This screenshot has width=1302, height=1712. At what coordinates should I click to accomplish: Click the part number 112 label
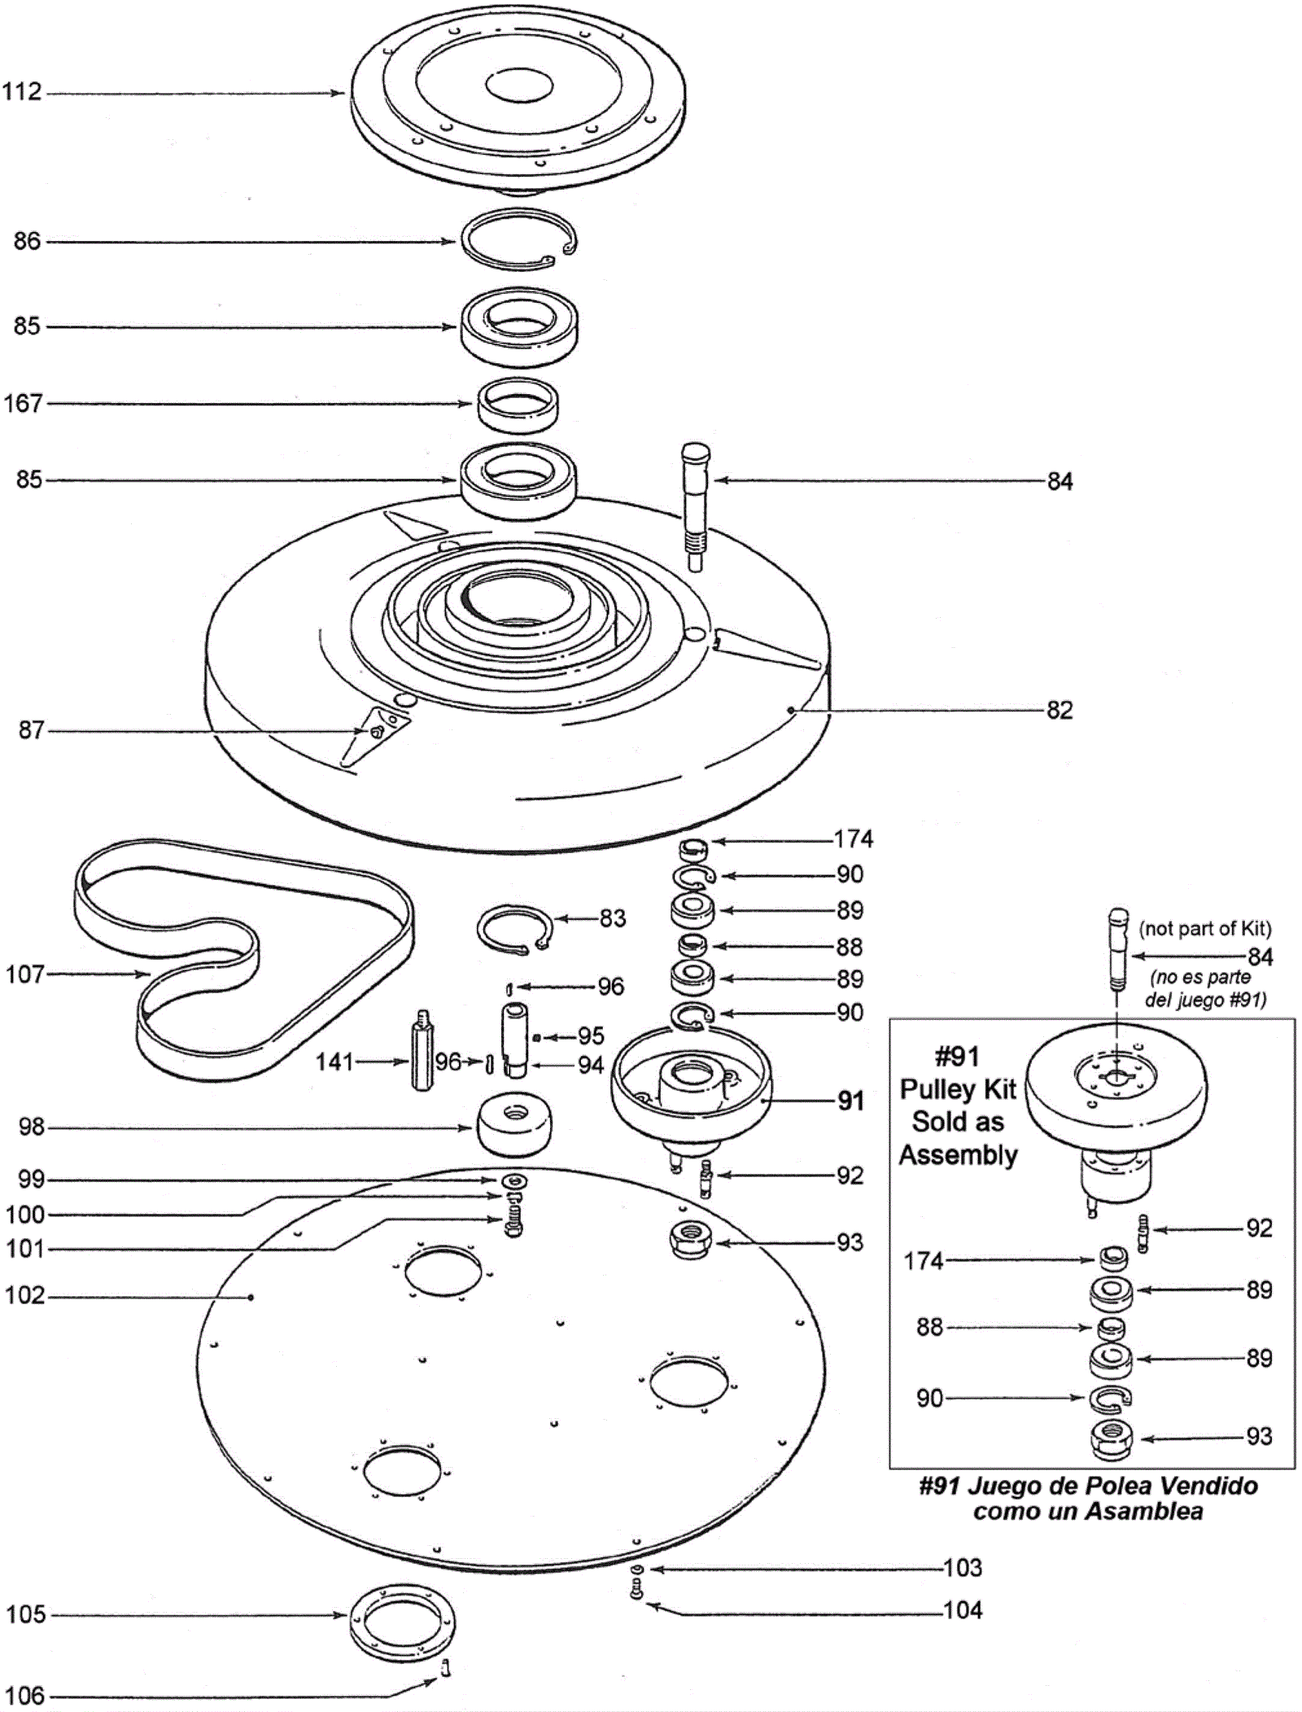pyautogui.click(x=22, y=91)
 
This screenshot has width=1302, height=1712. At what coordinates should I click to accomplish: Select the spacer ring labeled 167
pyautogui.click(x=518, y=405)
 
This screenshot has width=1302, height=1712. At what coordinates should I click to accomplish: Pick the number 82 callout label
pyautogui.click(x=1060, y=710)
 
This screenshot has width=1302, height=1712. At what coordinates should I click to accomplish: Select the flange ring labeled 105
pyautogui.click(x=402, y=1615)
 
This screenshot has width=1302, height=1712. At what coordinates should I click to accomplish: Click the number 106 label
pyautogui.click(x=25, y=1696)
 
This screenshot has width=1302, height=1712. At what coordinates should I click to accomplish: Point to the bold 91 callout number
pyautogui.click(x=851, y=1101)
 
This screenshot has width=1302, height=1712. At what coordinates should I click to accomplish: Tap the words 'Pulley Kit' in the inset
pyautogui.click(x=958, y=1089)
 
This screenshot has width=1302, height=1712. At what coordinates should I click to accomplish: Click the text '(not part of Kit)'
pyautogui.click(x=1204, y=929)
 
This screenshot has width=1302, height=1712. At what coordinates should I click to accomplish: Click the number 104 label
pyautogui.click(x=963, y=1609)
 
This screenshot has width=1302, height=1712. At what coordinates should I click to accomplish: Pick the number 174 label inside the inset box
pyautogui.click(x=924, y=1261)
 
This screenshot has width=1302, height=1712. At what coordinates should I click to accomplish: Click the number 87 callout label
pyautogui.click(x=31, y=730)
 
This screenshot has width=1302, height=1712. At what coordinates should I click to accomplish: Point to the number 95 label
pyautogui.click(x=591, y=1036)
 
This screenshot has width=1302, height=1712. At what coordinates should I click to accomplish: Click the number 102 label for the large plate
pyautogui.click(x=25, y=1295)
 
